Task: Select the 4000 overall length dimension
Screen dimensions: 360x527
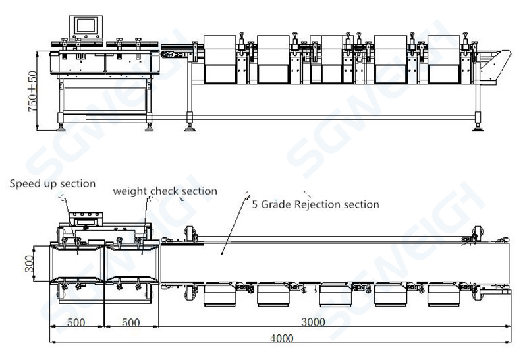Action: point(281,338)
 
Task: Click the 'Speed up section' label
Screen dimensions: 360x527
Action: point(52,183)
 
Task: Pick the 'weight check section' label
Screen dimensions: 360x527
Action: point(165,191)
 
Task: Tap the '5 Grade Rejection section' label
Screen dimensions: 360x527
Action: point(316,204)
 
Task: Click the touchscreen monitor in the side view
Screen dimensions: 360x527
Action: point(86,26)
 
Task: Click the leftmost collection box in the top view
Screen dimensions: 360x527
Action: point(220,296)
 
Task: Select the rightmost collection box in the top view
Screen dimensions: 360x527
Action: point(443,296)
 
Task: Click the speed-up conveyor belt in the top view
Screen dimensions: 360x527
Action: point(77,262)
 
